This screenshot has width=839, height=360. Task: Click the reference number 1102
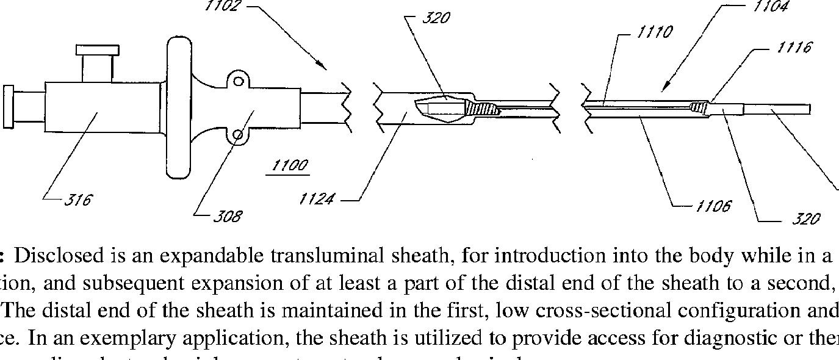[223, 6]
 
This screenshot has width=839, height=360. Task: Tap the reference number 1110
[655, 32]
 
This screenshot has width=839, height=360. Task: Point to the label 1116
[794, 47]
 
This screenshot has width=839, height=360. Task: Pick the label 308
[228, 216]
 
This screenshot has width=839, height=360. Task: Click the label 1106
[713, 207]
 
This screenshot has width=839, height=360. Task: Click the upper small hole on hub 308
[239, 81]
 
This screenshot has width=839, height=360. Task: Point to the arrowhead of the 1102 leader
[325, 67]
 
